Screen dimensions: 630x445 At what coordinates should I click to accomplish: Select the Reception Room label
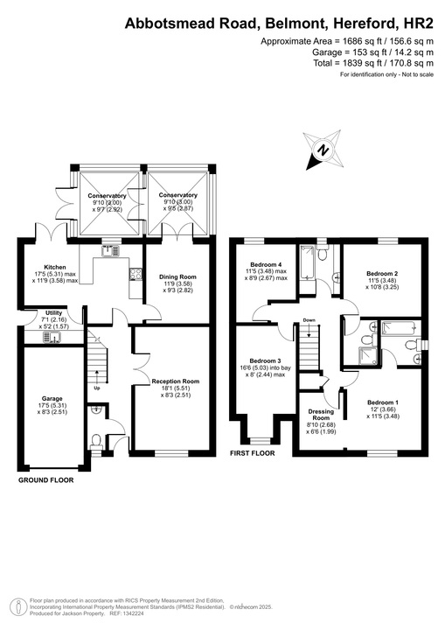tap(176, 381)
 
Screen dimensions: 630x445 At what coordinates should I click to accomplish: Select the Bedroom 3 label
tap(265, 361)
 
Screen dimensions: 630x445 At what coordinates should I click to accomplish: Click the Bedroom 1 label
tap(385, 402)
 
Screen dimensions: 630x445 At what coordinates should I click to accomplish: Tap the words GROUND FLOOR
tap(46, 480)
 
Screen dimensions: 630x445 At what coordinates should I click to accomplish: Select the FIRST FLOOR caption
tap(252, 454)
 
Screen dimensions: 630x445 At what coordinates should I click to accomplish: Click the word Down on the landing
tap(309, 320)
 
